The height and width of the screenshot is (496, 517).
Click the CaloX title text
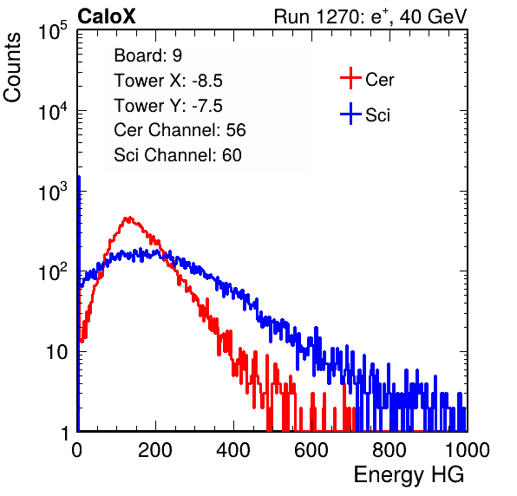pos(107,16)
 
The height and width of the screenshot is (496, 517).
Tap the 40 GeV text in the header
pos(433,16)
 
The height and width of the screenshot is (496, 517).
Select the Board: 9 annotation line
pos(147,55)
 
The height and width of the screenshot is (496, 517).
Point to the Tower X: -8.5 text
pos(168,81)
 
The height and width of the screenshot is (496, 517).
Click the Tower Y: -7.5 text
pos(168,106)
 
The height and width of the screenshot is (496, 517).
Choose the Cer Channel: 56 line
pos(180,130)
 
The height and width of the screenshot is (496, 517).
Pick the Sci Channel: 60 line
pos(178,155)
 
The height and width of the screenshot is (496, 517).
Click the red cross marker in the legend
pos(350,78)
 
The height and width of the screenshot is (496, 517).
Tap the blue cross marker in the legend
pos(350,114)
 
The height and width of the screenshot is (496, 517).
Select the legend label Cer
pos(379,80)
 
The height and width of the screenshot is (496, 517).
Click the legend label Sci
pos(377,115)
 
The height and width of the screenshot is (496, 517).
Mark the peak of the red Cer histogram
pos(129,218)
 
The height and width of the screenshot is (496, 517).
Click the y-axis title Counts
pos(12,68)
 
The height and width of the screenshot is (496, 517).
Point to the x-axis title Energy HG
pos(409,475)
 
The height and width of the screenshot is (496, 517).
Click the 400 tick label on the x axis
pos(233,450)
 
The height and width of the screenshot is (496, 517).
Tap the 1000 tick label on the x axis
pos(468,450)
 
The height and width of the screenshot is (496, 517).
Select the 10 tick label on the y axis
pos(56,352)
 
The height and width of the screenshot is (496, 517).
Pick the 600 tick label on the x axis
pos(311,450)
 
